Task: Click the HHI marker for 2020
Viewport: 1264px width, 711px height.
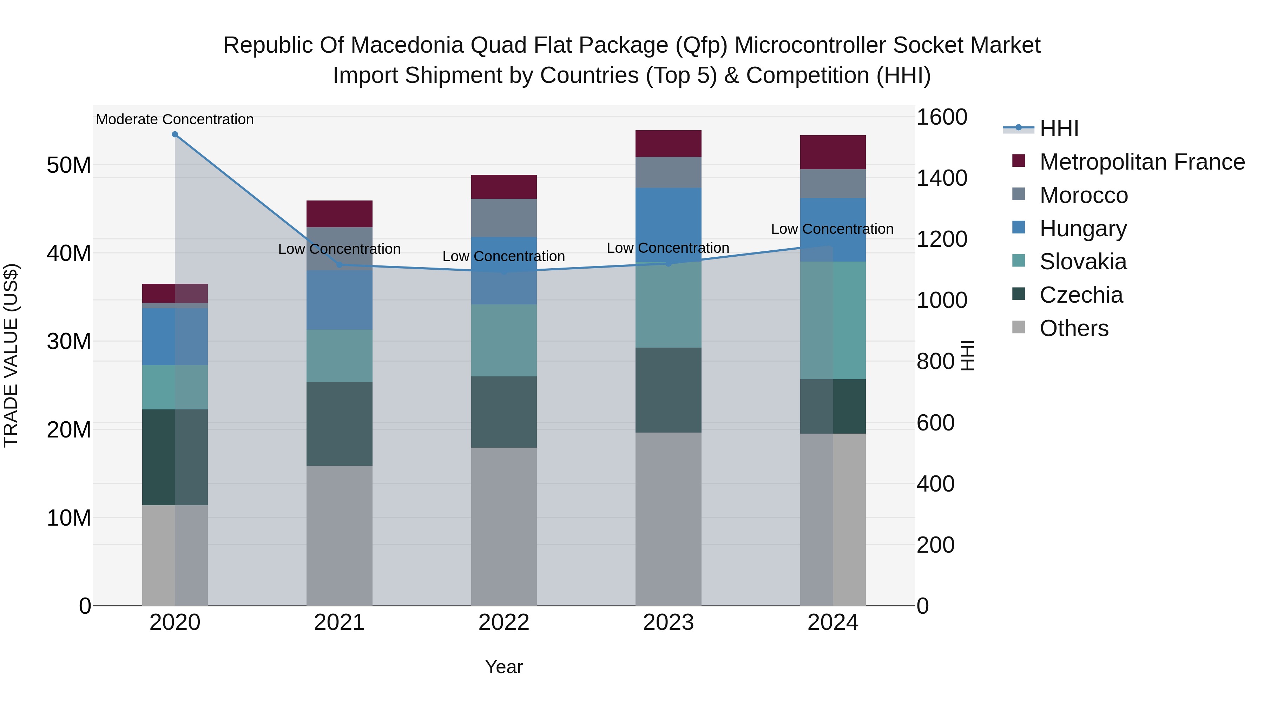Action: [175, 134]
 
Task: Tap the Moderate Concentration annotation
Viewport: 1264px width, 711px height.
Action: [175, 119]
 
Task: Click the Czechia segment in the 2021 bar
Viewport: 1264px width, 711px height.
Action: [339, 423]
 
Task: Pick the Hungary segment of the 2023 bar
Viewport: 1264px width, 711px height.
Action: [668, 225]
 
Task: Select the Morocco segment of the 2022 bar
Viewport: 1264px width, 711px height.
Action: [503, 218]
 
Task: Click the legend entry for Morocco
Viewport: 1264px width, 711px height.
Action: [1084, 195]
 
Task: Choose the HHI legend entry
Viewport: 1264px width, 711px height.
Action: [1059, 129]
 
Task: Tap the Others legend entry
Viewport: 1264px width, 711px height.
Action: [1074, 328]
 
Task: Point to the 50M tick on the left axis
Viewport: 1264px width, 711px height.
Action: [69, 165]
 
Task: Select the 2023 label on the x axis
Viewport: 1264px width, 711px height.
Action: [668, 623]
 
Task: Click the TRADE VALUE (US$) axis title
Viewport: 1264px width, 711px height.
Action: [11, 355]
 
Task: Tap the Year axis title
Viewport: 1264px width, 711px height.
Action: [503, 667]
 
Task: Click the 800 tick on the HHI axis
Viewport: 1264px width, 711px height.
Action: [935, 362]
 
